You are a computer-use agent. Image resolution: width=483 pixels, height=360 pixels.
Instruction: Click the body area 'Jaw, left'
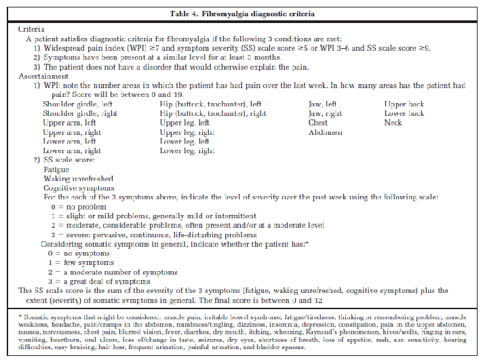(x=322, y=104)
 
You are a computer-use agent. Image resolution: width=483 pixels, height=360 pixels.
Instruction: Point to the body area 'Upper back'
(x=405, y=104)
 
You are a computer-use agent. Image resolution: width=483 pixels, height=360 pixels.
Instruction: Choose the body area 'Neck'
(x=393, y=123)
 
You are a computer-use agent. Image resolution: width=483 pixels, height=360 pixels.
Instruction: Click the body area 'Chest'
(x=318, y=123)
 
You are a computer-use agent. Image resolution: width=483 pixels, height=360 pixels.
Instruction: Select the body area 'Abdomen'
(x=326, y=132)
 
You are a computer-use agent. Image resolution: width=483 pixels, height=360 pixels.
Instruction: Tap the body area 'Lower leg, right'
(x=187, y=151)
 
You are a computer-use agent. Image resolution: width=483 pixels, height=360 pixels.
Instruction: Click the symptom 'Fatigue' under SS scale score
(x=56, y=169)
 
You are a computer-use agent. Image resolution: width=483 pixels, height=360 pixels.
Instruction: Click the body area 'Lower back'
(x=404, y=113)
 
